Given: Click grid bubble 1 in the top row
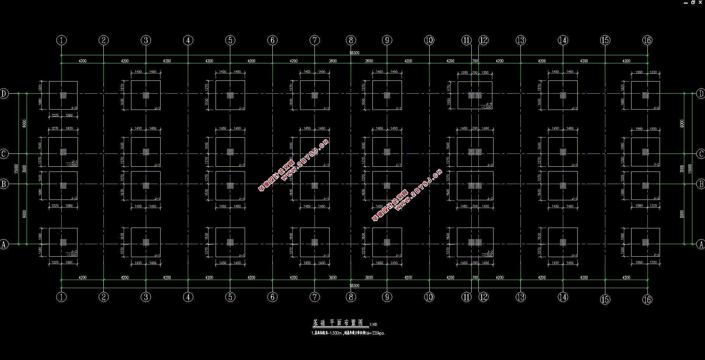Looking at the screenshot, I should [x=62, y=40].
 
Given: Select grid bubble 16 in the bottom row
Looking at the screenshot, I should [x=647, y=300].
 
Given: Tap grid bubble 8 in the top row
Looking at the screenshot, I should [x=351, y=40].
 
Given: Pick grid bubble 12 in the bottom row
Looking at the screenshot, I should [x=484, y=297].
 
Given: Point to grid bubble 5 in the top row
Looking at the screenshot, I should [x=230, y=40].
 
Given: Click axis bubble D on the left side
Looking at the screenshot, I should [x=4, y=94].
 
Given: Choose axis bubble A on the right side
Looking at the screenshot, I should [x=701, y=244].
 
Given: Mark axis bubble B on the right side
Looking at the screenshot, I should [x=701, y=184].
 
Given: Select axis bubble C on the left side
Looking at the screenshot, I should [x=4, y=153].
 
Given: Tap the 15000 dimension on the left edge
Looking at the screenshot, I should [x=16, y=169].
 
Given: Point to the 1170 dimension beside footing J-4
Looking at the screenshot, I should [x=449, y=88].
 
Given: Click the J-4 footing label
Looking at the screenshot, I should [x=489, y=104].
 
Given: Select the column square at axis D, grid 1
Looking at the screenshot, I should [x=63, y=95].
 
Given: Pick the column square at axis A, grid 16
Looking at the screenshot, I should [x=645, y=242].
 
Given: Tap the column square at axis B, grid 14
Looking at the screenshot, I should [x=563, y=186].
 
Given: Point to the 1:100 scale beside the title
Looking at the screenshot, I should [x=374, y=325].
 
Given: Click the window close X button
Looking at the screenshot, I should [x=700, y=2].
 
